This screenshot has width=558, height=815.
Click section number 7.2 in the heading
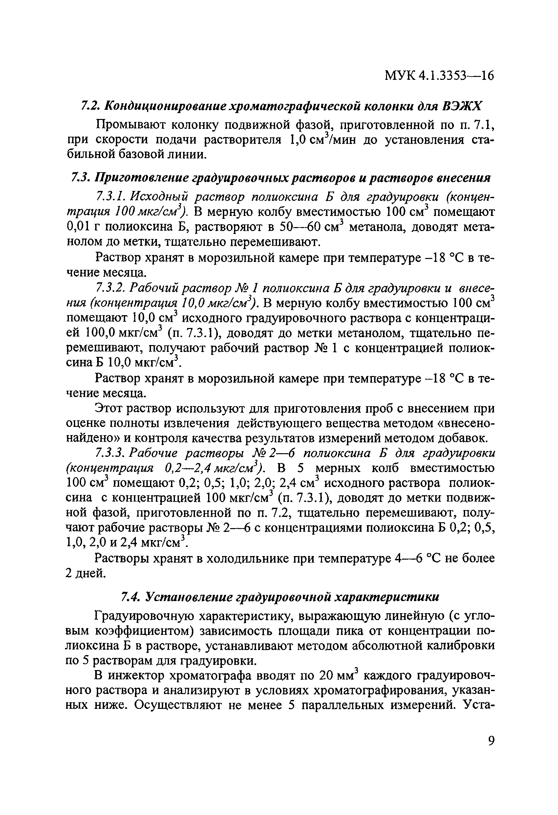90,105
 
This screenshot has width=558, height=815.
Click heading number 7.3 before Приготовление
79,178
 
